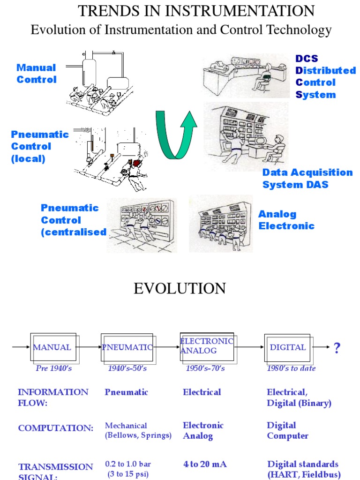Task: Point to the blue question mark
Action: [337, 348]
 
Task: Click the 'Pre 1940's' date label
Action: [53, 368]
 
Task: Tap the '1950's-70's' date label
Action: [205, 368]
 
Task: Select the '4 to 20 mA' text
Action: [205, 464]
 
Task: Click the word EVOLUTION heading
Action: [180, 288]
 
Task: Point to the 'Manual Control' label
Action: [37, 74]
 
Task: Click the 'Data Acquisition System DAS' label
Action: [307, 179]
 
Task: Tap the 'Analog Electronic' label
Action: [286, 220]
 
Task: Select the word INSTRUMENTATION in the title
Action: [240, 11]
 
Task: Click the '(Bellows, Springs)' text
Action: [138, 435]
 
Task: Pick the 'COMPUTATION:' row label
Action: [55, 428]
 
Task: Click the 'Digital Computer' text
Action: [287, 430]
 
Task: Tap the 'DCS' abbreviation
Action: [307, 59]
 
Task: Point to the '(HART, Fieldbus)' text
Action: [304, 474]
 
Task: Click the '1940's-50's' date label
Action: [127, 368]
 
